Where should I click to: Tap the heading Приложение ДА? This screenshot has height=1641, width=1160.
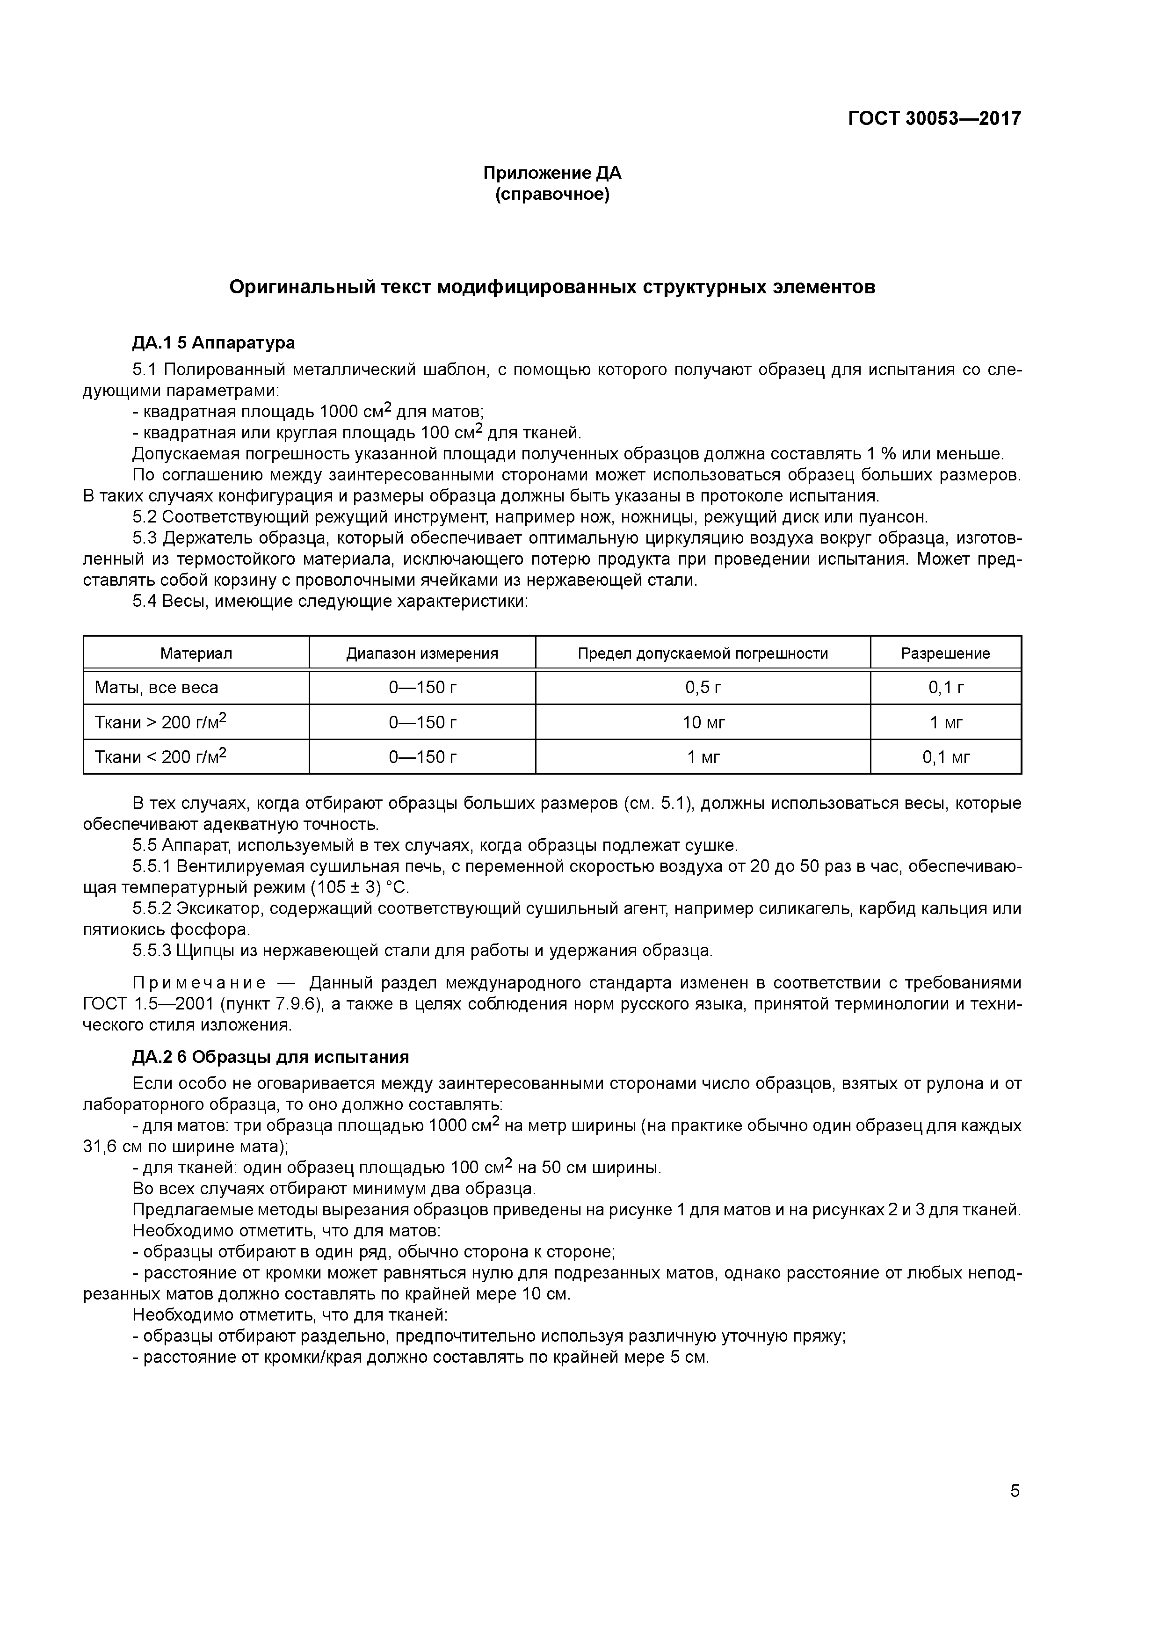coord(552,173)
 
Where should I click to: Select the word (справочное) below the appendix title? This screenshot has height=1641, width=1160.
coord(552,195)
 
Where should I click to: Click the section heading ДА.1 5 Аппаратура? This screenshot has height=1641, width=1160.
coord(213,342)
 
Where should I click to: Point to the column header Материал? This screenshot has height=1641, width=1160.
coord(196,653)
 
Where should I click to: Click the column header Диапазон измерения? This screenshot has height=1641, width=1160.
coord(422,653)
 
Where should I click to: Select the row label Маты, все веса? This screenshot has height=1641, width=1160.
coord(157,688)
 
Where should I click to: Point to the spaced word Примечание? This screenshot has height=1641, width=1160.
coord(200,983)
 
